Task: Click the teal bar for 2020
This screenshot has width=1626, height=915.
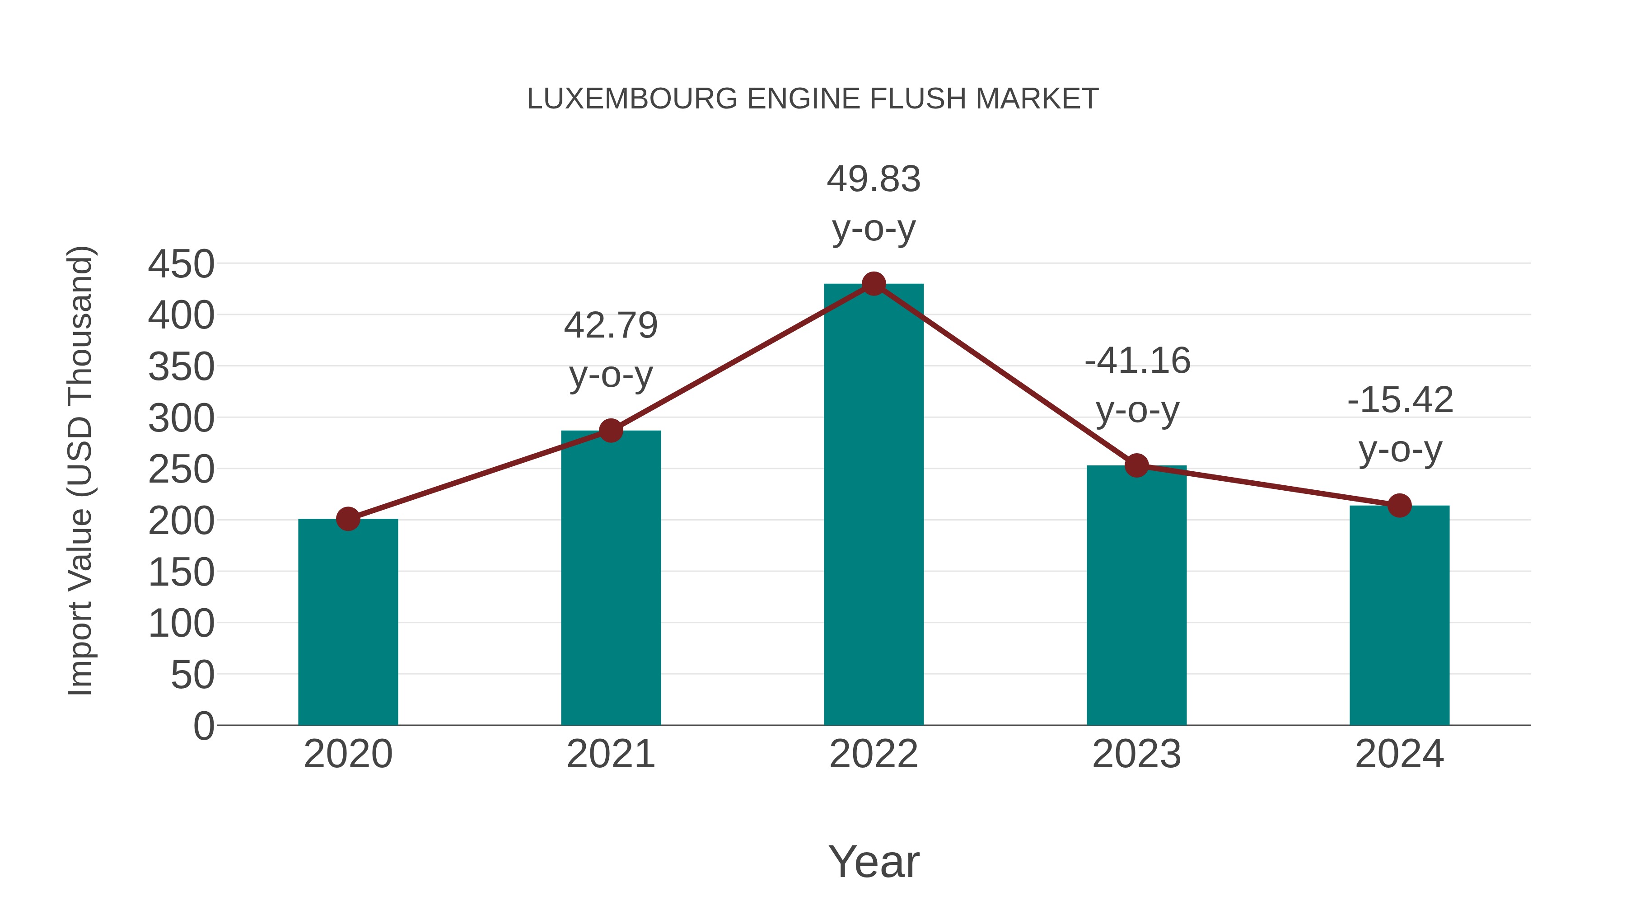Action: [x=348, y=622]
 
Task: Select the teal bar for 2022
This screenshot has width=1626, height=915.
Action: [x=874, y=505]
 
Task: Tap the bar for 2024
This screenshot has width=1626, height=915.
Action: [x=1399, y=616]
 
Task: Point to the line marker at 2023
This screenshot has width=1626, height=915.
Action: [x=1136, y=465]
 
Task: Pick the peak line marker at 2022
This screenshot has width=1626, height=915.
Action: [x=874, y=284]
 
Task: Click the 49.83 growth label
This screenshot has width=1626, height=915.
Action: [x=874, y=179]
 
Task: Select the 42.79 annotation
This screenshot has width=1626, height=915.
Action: [x=610, y=326]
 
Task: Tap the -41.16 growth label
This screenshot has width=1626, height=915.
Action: [x=1137, y=361]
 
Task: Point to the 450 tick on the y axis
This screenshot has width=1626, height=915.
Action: [x=181, y=264]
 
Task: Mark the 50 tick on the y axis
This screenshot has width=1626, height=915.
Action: [x=192, y=675]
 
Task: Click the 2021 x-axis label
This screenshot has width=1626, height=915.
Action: [x=610, y=754]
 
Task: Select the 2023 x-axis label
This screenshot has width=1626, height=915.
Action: [x=1136, y=754]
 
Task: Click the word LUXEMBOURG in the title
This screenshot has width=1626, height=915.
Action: [x=632, y=99]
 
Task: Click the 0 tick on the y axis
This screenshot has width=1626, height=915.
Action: [x=203, y=726]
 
